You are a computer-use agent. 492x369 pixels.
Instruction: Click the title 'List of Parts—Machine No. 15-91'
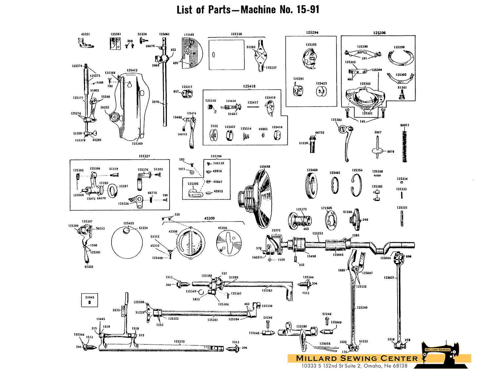click(x=248, y=10)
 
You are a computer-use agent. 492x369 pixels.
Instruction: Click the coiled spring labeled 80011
click(x=404, y=146)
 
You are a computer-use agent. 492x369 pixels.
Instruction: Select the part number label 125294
click(x=312, y=32)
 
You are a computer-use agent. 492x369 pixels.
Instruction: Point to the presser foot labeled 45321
click(x=86, y=43)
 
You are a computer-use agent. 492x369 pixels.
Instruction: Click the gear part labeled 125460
click(x=312, y=186)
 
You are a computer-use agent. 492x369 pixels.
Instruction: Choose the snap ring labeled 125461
click(x=335, y=185)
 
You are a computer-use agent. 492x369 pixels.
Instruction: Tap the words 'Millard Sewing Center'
click(x=357, y=359)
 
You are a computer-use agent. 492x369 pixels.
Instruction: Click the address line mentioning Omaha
click(x=354, y=366)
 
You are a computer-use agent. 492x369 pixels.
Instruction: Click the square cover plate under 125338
click(x=226, y=55)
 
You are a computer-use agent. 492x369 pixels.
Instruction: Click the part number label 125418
click(x=249, y=86)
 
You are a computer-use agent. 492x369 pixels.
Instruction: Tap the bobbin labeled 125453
click(x=321, y=92)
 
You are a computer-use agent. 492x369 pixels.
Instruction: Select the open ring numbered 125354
click(x=357, y=185)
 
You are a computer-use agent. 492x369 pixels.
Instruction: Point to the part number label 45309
click(x=209, y=218)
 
